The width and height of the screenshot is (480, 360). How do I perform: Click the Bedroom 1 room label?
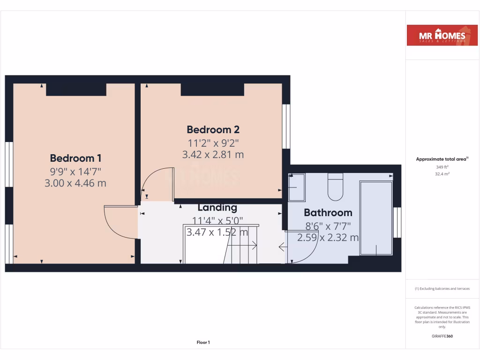click(75, 158)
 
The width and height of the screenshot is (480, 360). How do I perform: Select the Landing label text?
click(217, 207)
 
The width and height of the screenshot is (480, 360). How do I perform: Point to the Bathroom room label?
click(328, 213)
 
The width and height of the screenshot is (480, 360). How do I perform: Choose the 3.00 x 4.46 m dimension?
click(75, 183)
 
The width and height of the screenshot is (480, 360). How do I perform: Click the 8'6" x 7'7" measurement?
click(328, 225)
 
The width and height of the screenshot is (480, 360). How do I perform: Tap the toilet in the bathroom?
click(336, 187)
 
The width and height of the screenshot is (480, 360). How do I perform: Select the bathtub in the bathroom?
click(376, 218)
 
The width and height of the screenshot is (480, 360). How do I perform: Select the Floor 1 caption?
click(203, 343)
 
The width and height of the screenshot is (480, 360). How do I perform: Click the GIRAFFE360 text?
click(442, 336)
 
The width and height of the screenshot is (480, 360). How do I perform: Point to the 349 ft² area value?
click(442, 167)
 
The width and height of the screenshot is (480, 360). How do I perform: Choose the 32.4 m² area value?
click(442, 174)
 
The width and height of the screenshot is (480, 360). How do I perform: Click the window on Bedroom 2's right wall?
click(285, 126)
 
